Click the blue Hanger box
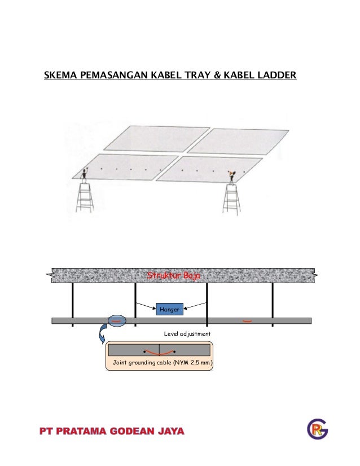coord(169,309)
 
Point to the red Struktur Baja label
coord(173,276)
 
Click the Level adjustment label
coord(187,334)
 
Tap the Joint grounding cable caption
coord(159,362)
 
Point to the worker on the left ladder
coord(85,174)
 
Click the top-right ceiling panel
coord(238,140)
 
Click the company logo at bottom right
coord(317,430)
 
